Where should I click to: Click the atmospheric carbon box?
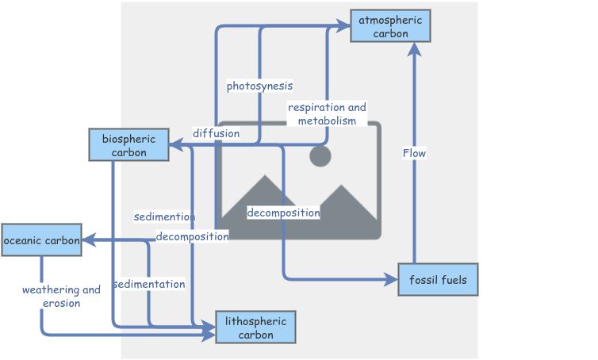coord(390,27)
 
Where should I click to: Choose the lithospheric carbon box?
coord(255,327)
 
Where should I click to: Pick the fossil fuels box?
coord(438,280)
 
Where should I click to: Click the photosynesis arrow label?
coord(259,86)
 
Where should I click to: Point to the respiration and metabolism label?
coord(327,114)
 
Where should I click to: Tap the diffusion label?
coord(216,133)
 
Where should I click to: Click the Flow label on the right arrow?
coord(415,153)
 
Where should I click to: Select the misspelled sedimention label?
coord(165,216)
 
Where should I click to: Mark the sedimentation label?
coord(149,284)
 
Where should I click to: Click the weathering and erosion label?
coord(61,296)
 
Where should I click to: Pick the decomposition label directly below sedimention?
coord(192,236)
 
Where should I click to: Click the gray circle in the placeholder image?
coord(320,155)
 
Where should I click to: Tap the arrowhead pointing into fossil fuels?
coord(391,279)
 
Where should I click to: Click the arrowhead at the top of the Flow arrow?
coord(414,50)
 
